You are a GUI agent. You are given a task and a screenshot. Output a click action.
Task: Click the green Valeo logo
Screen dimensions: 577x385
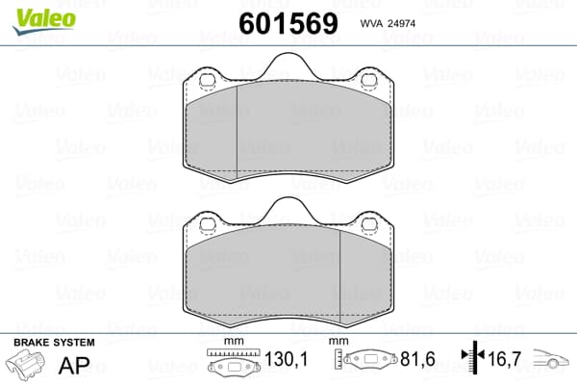[44, 20]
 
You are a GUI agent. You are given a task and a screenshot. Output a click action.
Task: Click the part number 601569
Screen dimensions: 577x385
[288, 23]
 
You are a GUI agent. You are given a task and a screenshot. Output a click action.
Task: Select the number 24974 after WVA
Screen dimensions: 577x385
[402, 24]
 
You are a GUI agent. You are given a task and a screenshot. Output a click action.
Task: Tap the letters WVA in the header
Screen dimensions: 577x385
[372, 24]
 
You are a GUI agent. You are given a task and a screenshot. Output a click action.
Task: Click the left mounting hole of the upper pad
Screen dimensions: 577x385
[207, 80]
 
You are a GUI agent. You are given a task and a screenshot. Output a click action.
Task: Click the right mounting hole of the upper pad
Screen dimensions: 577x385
[368, 80]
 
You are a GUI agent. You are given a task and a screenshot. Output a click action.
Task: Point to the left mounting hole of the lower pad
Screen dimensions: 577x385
[207, 224]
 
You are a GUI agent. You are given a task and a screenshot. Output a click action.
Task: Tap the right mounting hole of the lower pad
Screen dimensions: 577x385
[368, 224]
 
